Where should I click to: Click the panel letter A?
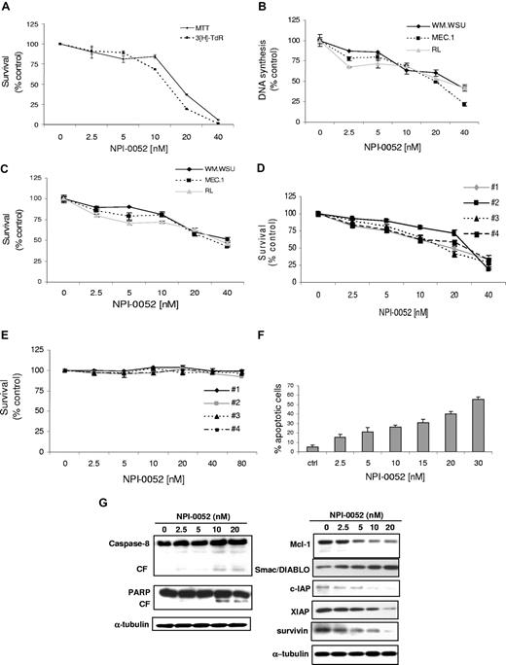(9, 8)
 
